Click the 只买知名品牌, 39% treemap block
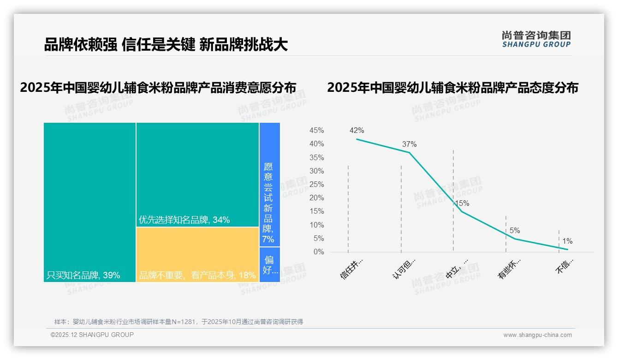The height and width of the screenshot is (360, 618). click(x=90, y=202)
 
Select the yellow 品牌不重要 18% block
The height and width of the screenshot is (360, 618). click(x=197, y=254)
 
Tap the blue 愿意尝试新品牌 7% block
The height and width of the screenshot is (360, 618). click(x=269, y=185)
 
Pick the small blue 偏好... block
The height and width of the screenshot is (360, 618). click(x=270, y=264)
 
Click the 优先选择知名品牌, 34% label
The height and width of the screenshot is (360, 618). click(x=184, y=220)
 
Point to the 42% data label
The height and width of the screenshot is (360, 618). click(x=357, y=131)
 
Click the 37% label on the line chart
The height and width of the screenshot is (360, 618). click(x=409, y=144)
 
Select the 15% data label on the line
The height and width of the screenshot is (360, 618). click(x=462, y=203)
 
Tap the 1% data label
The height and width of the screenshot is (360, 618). click(x=567, y=241)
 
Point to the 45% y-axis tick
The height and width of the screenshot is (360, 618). click(x=316, y=131)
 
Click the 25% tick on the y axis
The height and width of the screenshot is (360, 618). click(x=316, y=185)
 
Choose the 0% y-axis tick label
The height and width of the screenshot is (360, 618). click(x=319, y=252)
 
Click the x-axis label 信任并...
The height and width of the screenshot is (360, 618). click(x=352, y=269)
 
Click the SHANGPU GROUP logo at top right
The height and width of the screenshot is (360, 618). click(x=536, y=39)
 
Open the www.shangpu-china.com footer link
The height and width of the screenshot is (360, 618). click(x=537, y=335)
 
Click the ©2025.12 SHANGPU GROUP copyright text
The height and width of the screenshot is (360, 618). click(x=92, y=335)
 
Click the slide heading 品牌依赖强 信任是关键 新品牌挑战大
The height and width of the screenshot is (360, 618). click(x=166, y=45)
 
